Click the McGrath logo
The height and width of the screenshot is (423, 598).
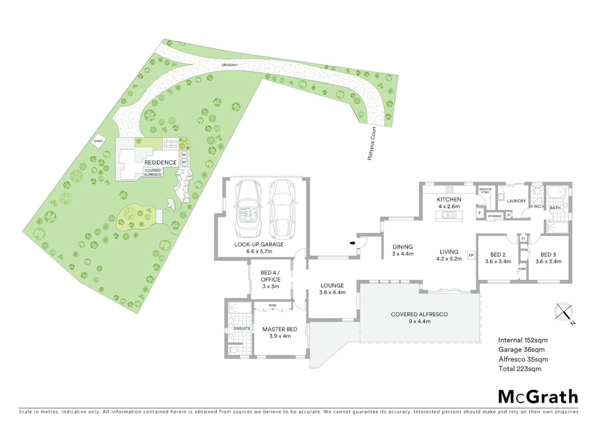[x=538, y=397]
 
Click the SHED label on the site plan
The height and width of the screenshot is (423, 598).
[x=98, y=141]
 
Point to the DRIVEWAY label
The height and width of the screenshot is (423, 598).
[x=230, y=65]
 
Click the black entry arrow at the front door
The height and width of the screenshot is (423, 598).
[x=352, y=243]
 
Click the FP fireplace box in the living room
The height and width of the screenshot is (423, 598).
[x=471, y=255]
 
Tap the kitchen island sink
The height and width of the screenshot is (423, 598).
[x=449, y=214]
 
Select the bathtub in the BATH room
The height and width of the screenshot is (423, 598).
[x=555, y=192]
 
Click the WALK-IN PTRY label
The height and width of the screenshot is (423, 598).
[x=485, y=191]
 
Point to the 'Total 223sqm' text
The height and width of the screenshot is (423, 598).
[x=519, y=369]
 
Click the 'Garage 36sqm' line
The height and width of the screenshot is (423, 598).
[x=521, y=350]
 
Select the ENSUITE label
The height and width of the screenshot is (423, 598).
[x=242, y=328]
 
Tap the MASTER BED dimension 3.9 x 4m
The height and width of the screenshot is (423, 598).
[x=279, y=336]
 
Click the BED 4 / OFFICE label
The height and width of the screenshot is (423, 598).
[x=270, y=276]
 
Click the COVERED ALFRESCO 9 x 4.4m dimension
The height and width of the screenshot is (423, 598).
[x=419, y=321]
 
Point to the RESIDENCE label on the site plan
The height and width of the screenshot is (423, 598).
[x=160, y=162]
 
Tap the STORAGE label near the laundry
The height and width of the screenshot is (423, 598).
[x=495, y=216]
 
